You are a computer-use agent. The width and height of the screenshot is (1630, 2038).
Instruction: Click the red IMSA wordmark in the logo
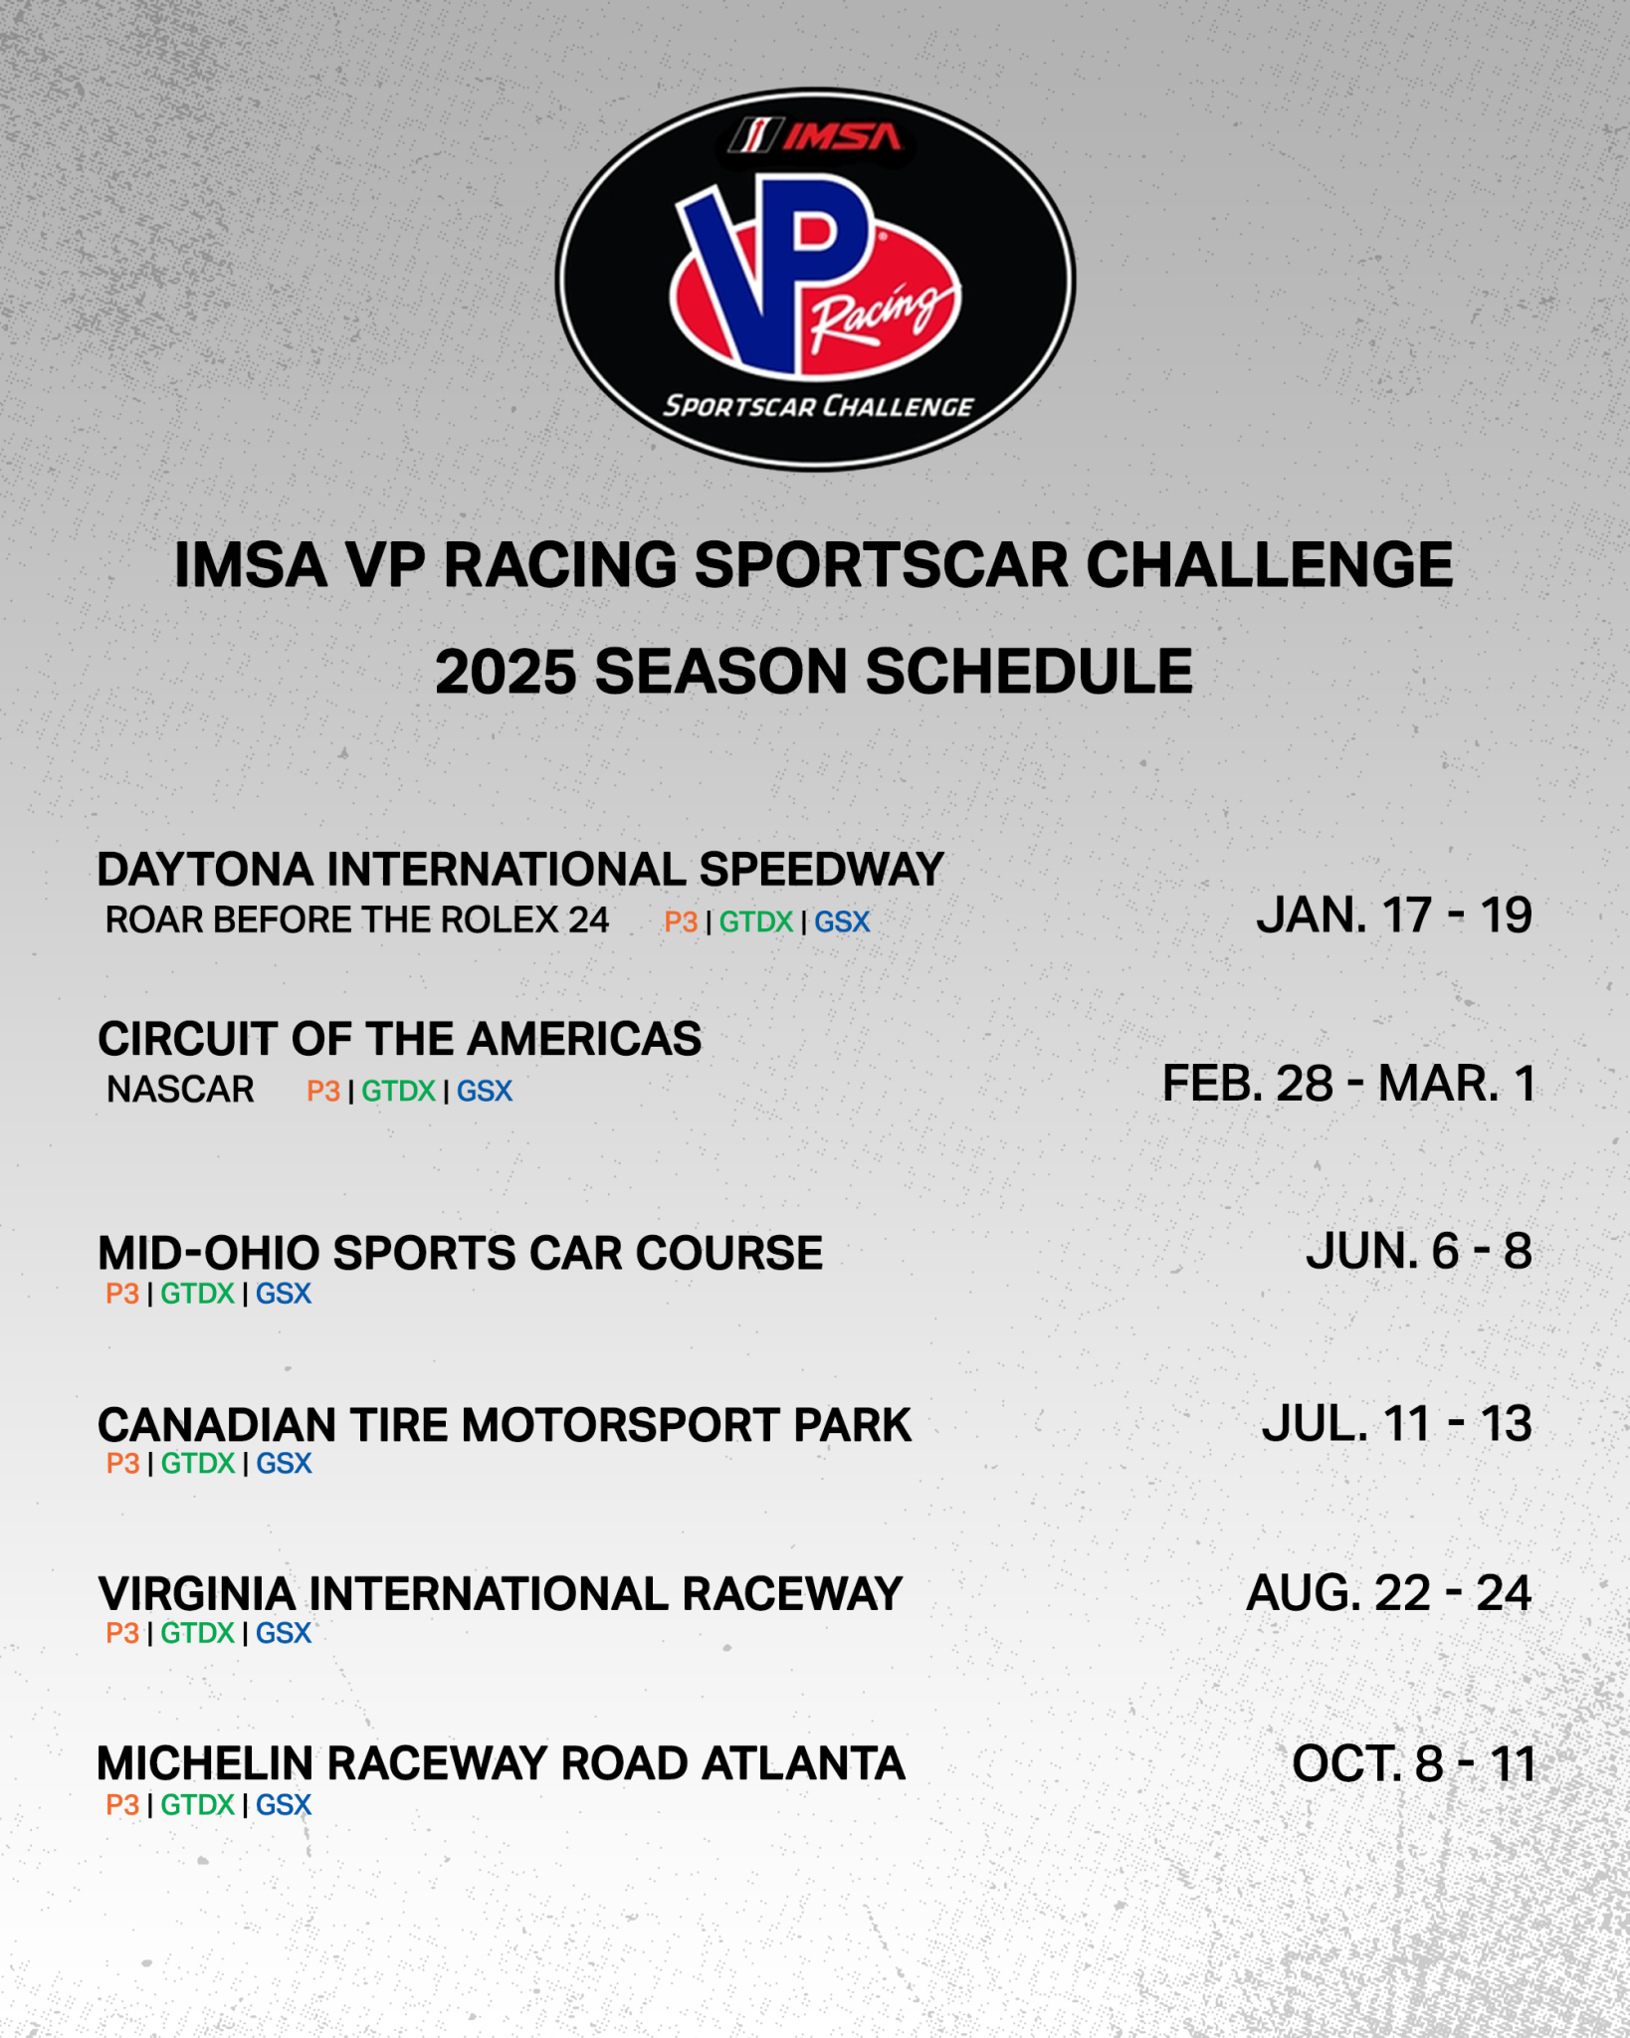tap(841, 136)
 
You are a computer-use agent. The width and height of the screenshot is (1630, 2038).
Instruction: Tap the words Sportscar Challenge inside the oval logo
tap(818, 406)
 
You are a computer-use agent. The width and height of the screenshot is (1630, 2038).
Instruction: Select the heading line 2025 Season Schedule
tap(814, 672)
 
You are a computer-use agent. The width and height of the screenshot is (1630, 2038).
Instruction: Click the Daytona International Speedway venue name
tap(520, 870)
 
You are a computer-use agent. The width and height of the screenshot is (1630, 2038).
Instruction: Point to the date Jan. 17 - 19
tap(1394, 916)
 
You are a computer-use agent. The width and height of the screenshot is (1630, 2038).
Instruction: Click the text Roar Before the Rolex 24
tap(357, 920)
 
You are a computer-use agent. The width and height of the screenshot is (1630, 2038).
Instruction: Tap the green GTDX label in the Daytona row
tap(756, 922)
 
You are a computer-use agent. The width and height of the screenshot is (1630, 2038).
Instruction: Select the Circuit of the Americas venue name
tap(400, 1039)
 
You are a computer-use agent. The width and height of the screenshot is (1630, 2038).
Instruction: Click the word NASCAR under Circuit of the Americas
tap(180, 1090)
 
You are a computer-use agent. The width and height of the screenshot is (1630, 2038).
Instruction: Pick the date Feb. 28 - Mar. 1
tap(1348, 1084)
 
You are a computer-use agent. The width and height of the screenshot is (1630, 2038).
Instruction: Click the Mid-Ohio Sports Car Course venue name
tap(461, 1253)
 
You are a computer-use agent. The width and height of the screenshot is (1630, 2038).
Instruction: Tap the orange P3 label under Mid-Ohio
tap(122, 1294)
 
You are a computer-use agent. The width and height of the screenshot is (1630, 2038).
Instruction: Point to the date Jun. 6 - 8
tap(1419, 1251)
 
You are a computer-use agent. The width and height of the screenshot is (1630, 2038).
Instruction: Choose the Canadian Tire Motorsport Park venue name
tap(505, 1425)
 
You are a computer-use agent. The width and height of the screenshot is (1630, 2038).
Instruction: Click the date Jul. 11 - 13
tap(1397, 1424)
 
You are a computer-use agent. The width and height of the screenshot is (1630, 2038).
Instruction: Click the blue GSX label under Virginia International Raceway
tap(284, 1633)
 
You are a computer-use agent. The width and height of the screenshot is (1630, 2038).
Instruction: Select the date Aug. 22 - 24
tap(1389, 1593)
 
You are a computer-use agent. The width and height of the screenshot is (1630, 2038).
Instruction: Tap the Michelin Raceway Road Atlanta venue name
tap(502, 1764)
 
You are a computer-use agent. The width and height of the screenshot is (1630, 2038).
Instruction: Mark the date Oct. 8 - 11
tap(1414, 1764)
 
